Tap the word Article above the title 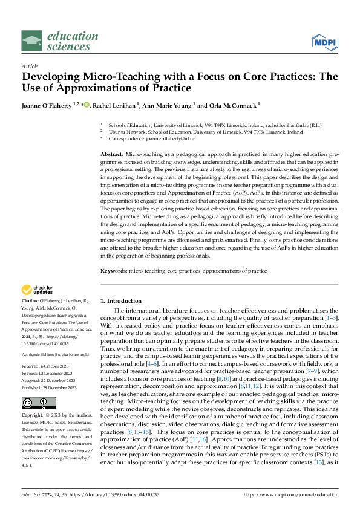(30, 66)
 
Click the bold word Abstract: (111, 155)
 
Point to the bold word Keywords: (113, 271)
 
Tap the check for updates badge (37, 290)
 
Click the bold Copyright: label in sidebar (33, 399)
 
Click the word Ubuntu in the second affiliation (117, 131)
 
